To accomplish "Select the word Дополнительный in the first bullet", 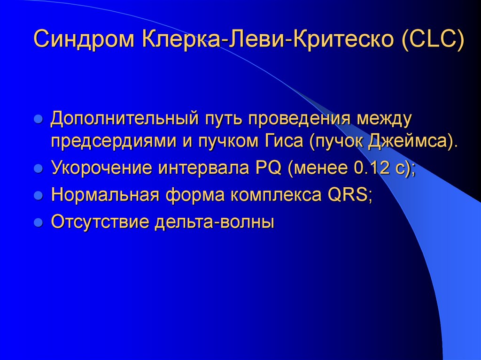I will tap(124, 119).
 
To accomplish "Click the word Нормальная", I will tap(104, 194).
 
